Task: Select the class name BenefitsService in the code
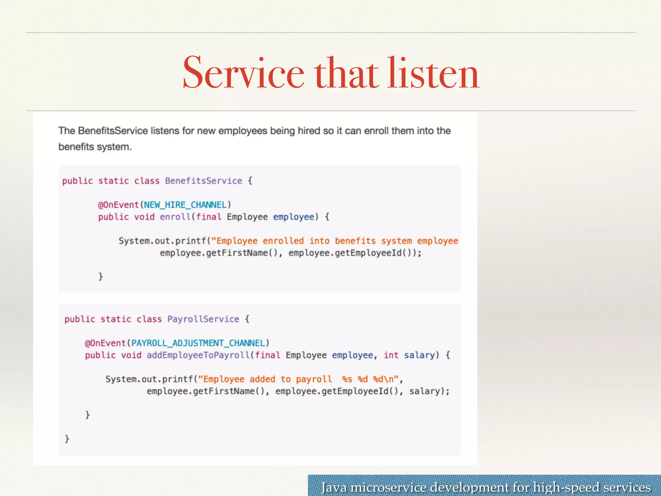pos(203,181)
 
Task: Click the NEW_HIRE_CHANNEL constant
pos(185,205)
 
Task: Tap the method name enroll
pos(175,217)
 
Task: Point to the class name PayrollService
pos(203,319)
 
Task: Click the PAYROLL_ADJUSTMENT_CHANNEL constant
pos(198,343)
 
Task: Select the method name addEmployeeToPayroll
pos(198,355)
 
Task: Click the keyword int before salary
pos(391,355)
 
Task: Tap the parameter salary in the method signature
pos(419,355)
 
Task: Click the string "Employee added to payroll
pos(265,379)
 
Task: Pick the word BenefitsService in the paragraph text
pos(113,131)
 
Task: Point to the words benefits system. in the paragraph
pos(95,147)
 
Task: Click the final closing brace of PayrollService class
pos(67,439)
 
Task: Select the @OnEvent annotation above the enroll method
pos(118,205)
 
